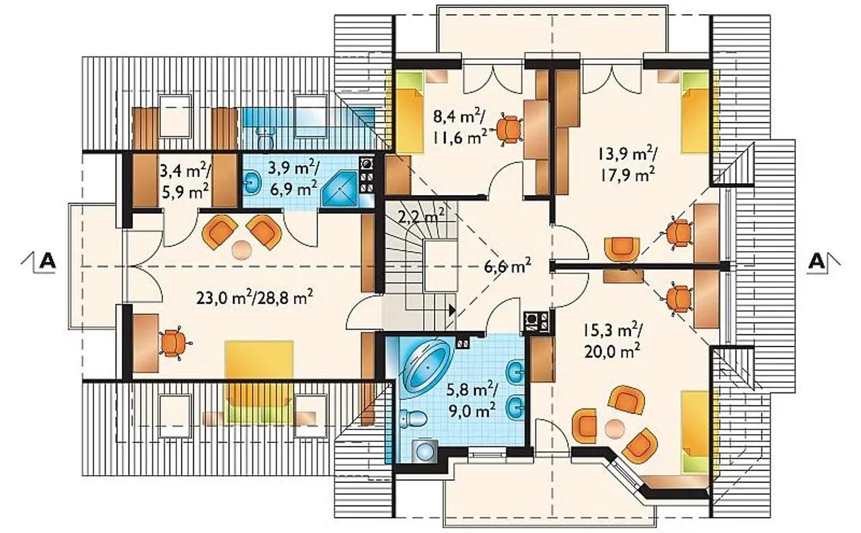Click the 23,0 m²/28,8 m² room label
254,297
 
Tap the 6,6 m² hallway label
507,266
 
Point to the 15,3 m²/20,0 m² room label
612,340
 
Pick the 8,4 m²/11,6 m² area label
460,126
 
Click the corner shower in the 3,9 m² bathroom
340,189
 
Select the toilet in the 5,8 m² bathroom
413,419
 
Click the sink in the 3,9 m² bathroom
252,184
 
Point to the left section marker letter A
48,262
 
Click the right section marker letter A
817,262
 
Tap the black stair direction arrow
453,310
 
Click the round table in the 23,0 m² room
241,250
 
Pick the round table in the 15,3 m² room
615,429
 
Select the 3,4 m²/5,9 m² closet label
185,182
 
